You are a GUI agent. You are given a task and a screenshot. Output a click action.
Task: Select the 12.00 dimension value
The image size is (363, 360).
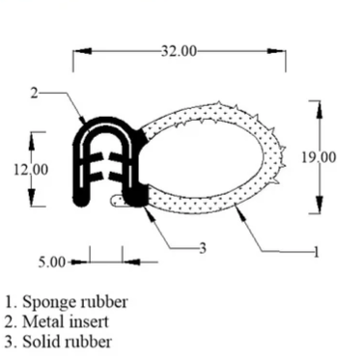tap(30, 169)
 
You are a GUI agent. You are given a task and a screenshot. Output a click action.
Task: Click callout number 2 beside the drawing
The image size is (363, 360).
tap(34, 93)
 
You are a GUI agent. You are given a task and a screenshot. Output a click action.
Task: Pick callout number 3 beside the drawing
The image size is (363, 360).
tap(203, 248)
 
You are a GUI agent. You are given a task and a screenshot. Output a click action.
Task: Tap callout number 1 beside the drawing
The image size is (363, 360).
tap(315, 253)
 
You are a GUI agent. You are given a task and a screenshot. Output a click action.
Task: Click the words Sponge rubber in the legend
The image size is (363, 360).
tap(73, 302)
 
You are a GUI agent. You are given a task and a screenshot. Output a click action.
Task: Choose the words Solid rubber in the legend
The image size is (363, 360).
tap(67, 341)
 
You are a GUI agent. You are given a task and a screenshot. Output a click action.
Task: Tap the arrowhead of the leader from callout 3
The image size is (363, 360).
tap(146, 204)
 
